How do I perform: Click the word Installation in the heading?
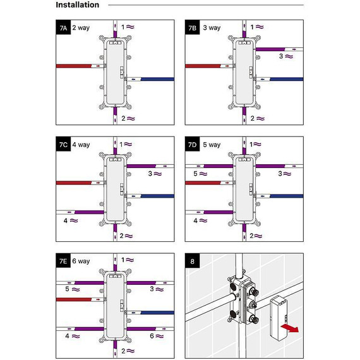tap(78, 5)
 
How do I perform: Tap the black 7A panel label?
tap(63, 27)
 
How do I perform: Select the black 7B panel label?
tap(193, 27)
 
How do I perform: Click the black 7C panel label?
tap(63, 144)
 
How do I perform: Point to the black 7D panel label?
tap(193, 144)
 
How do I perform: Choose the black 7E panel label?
tap(63, 261)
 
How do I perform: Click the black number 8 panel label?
tap(193, 261)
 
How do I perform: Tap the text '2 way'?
tap(81, 28)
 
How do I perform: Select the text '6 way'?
tap(81, 261)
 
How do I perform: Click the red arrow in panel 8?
tap(290, 328)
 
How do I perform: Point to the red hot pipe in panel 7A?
tap(74, 66)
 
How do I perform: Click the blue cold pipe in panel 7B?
tap(287, 79)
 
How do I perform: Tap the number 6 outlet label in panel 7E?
tap(152, 336)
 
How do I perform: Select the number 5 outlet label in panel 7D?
tap(195, 174)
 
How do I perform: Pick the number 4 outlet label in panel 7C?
tap(66, 220)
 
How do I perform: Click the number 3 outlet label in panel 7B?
tap(281, 56)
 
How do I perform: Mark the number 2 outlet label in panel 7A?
tap(124, 118)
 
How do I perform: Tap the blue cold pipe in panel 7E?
tap(157, 313)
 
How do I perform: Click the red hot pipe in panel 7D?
tap(203, 183)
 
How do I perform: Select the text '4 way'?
tap(81, 145)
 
